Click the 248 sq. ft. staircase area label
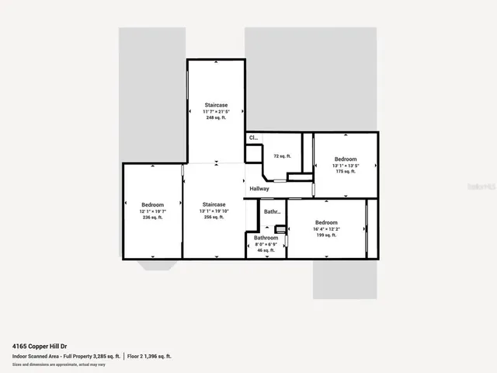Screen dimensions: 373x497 216,118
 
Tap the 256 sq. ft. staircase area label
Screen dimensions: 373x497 214,218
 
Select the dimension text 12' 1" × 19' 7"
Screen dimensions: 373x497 152,211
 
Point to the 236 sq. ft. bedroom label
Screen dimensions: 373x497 152,218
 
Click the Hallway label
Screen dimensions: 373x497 259,189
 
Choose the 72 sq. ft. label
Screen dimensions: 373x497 282,156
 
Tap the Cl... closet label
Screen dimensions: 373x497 253,138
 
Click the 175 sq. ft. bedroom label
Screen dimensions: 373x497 346,172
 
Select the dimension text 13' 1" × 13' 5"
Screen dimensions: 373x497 346,166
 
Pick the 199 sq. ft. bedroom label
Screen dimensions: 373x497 326,235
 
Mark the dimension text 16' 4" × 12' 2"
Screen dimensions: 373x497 326,228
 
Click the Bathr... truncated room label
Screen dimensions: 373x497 272,211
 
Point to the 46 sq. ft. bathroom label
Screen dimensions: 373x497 266,250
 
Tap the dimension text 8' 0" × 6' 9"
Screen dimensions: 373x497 266,244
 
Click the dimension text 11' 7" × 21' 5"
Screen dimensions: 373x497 216,111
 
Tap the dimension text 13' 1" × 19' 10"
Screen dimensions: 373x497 214,211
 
